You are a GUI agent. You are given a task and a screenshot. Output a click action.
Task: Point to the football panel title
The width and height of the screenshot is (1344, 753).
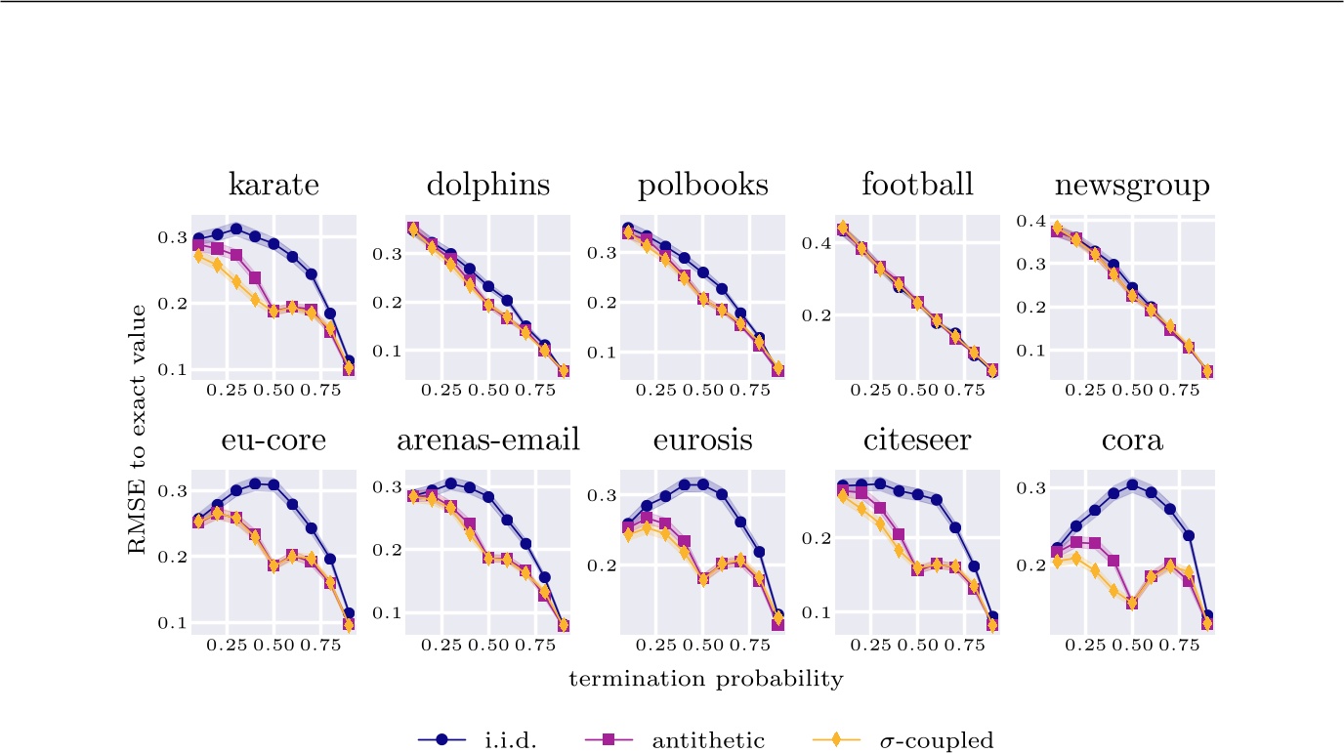(x=917, y=185)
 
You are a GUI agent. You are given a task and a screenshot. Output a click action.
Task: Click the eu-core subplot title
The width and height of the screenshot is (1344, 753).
(x=273, y=440)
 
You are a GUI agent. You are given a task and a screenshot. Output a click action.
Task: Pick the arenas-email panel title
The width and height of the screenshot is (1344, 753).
(x=488, y=440)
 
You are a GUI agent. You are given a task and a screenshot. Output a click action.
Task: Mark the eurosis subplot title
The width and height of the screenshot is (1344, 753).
(x=703, y=440)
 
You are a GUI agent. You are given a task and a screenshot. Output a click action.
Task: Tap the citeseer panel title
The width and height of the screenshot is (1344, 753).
(x=917, y=440)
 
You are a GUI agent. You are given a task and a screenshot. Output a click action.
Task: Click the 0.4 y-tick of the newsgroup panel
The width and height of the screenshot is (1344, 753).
(x=1031, y=222)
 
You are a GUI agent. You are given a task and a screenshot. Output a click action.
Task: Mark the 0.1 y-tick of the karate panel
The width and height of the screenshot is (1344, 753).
(x=173, y=370)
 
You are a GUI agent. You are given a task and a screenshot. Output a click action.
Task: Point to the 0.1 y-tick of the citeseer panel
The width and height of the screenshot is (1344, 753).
(x=817, y=612)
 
